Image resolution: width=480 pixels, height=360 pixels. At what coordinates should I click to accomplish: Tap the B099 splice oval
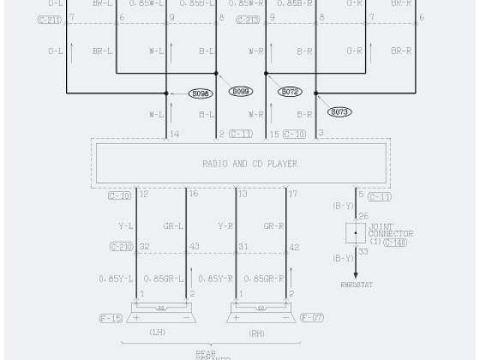pos(241,91)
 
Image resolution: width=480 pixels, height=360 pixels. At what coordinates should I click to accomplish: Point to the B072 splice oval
pos(290,91)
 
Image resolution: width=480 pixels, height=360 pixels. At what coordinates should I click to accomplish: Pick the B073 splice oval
pos(340,112)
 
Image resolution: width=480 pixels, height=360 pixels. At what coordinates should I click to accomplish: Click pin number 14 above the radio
pos(175,134)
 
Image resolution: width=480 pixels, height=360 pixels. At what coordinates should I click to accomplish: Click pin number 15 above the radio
pos(274,134)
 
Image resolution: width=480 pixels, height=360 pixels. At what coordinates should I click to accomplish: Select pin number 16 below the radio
pos(193,194)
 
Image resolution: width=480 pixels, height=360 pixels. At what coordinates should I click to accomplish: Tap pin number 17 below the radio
pos(292,194)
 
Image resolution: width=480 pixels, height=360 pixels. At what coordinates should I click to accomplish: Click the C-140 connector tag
pos(395,243)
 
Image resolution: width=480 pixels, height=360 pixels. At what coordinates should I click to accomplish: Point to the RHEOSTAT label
pos(356,285)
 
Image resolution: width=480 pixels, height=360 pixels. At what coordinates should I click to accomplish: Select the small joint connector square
pos(355,232)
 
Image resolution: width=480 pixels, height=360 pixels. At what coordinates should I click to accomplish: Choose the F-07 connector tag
pos(311,318)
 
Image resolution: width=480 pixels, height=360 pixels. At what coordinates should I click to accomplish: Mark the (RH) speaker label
pos(257,332)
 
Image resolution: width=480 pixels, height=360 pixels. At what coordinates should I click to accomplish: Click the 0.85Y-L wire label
pos(115,278)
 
